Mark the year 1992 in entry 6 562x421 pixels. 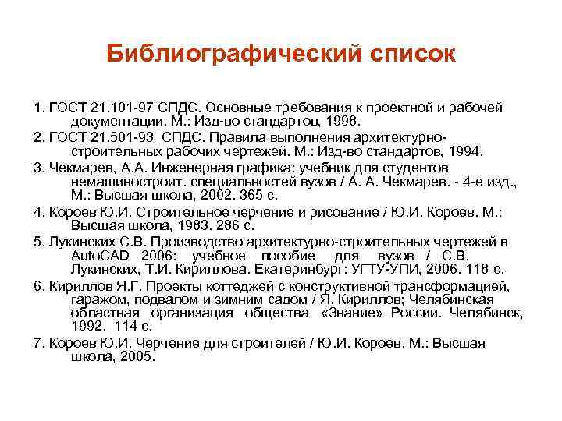[87, 329]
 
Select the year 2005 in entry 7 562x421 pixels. [138, 358]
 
